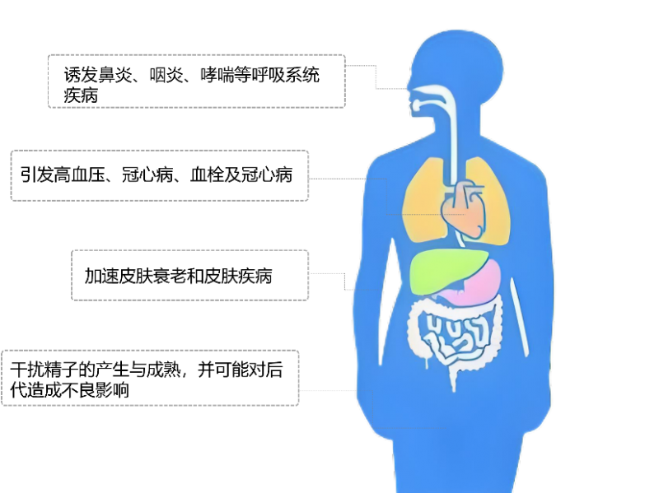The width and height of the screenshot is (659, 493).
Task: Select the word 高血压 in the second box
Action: point(77,174)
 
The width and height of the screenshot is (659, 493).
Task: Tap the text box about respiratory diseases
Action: point(196,81)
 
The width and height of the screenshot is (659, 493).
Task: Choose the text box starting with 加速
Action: point(190,275)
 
